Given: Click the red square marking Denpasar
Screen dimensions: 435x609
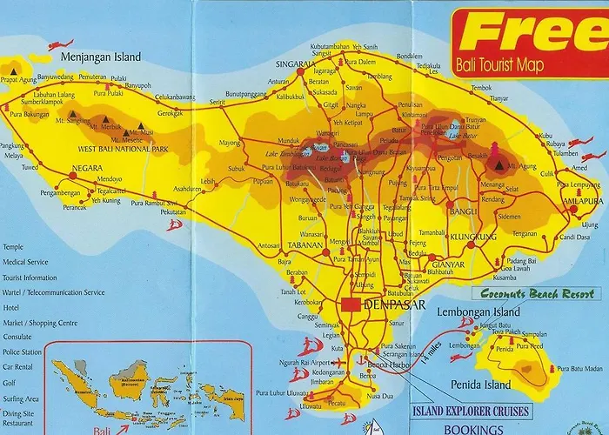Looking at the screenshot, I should (351, 305).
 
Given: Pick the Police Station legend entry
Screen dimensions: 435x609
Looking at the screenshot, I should (22, 351).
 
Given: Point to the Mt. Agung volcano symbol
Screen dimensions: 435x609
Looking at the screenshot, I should (499, 161).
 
